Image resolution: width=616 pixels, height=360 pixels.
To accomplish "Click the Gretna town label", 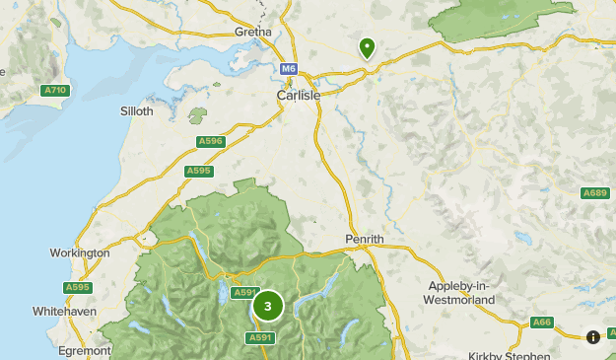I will (x=253, y=32).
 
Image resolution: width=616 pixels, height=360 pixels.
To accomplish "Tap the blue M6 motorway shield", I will (x=288, y=69).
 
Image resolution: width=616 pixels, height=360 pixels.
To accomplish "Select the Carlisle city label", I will (x=296, y=96).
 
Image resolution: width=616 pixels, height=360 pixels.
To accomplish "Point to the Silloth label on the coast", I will (x=136, y=111).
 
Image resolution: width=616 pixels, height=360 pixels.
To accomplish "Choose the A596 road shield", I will (x=211, y=142).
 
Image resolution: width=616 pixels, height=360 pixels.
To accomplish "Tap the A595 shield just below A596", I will (x=199, y=171).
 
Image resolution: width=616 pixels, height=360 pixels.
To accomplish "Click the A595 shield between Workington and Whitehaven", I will (x=78, y=287).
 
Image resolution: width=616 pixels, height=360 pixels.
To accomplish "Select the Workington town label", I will (x=80, y=253).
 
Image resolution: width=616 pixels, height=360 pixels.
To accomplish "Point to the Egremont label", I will (x=84, y=350).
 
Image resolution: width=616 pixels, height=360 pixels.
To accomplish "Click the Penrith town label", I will (x=364, y=240).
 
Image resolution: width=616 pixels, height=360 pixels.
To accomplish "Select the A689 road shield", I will (x=594, y=192).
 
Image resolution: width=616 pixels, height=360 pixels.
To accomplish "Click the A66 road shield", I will (x=542, y=322).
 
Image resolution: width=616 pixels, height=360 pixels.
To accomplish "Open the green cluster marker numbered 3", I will (x=268, y=307).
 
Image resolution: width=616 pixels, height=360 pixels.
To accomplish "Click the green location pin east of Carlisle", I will (x=367, y=47).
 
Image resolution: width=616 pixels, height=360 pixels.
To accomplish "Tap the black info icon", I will (x=593, y=337).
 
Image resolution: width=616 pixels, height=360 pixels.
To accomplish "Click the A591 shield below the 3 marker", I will (x=258, y=337).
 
